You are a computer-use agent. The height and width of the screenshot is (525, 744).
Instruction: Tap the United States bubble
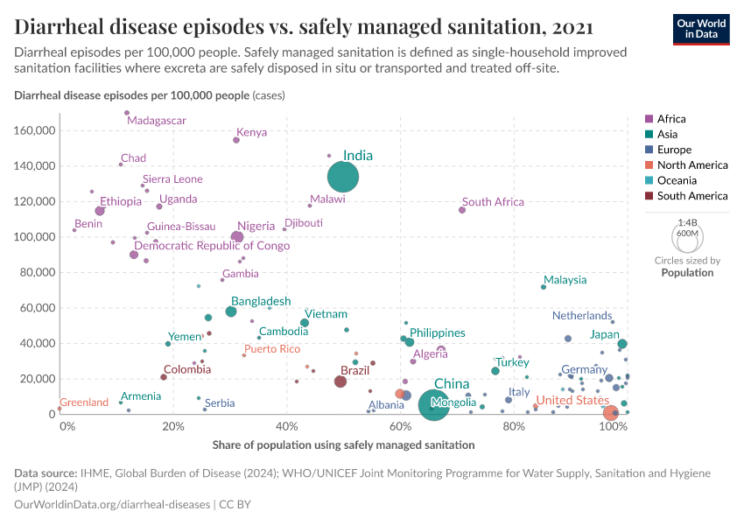coord(612,412)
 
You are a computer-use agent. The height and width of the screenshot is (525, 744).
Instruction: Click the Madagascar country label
coord(156,120)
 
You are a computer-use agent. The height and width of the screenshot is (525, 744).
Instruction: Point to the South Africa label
coord(493,202)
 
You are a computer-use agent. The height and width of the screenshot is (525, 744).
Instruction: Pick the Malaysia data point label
coord(565,280)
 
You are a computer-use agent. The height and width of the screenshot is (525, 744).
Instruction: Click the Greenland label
coord(84,402)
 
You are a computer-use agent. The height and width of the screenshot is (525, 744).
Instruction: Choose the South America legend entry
coord(691,196)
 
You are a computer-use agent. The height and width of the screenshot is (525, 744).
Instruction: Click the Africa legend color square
coord(649,119)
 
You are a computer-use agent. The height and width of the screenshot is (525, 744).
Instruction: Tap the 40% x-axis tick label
coord(286,427)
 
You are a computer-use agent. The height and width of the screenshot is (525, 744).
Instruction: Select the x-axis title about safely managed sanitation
coord(343,444)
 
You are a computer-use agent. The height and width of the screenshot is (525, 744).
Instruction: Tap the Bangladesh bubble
coord(231,311)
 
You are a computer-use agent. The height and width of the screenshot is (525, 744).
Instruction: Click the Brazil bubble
coord(340,381)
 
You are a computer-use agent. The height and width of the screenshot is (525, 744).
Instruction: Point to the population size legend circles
coord(685,237)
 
